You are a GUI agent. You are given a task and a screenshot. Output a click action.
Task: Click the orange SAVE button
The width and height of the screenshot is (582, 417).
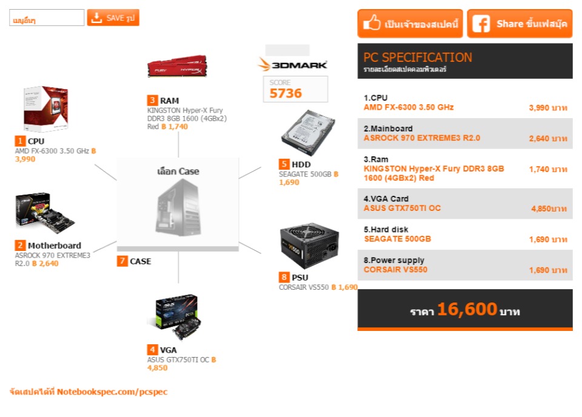click(113, 18)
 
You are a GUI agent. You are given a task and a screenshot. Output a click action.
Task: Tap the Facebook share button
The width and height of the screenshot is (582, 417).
click(520, 24)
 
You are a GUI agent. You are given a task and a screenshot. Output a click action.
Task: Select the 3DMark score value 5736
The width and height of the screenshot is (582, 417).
click(286, 93)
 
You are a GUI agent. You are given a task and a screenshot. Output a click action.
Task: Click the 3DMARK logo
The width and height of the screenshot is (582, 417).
click(293, 65)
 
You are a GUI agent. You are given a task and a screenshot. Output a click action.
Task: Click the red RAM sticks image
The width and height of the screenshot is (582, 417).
click(177, 66)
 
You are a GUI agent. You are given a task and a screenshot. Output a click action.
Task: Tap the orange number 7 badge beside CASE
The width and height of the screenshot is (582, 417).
click(122, 261)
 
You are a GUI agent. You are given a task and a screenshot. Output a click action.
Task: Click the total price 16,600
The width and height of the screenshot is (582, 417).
click(467, 310)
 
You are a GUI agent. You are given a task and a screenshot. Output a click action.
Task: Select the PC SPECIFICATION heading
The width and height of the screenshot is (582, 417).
click(417, 58)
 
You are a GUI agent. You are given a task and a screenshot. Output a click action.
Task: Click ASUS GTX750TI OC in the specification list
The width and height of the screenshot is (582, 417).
click(402, 208)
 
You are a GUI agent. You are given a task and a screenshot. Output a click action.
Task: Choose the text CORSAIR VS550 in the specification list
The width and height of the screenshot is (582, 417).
click(395, 270)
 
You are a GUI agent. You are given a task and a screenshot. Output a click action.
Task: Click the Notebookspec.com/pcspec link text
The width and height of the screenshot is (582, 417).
click(112, 392)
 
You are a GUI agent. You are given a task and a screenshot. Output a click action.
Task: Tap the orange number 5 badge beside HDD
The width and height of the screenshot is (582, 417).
click(284, 164)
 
